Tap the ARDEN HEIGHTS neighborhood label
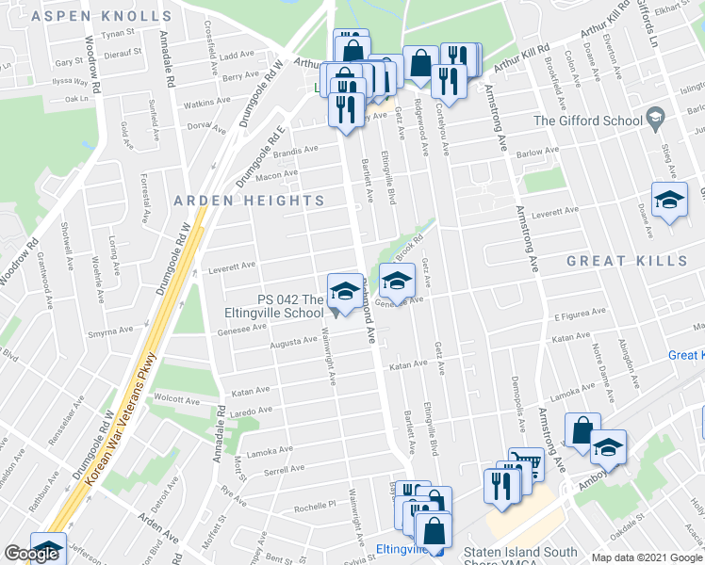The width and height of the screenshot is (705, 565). (250, 201)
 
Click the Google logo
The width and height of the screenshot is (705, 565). (31, 554)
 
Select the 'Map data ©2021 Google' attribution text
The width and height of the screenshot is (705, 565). (647, 557)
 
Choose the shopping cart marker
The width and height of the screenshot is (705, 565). (525, 462)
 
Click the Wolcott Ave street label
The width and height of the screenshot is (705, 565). (177, 399)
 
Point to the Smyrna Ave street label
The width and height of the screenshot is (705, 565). (112, 331)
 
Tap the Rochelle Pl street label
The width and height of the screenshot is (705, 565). (315, 506)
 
